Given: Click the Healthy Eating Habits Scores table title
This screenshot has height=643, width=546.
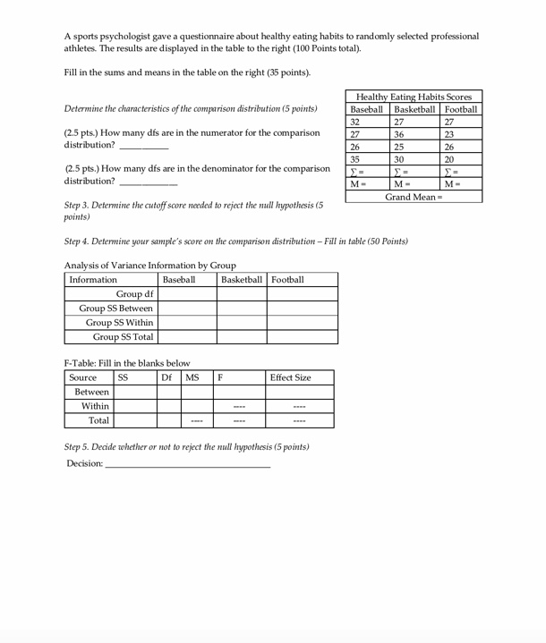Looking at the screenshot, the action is (x=414, y=97).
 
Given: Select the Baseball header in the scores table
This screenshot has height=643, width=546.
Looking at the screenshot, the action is (x=366, y=109).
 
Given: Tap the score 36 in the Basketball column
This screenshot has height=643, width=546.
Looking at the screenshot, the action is (x=399, y=134).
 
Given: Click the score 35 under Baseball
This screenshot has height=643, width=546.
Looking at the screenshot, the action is (x=355, y=159).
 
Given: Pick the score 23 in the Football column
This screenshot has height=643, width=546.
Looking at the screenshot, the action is (x=449, y=134).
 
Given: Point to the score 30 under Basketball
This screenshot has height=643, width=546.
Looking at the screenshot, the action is (x=399, y=159).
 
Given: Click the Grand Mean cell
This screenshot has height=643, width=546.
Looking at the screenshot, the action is (x=414, y=196).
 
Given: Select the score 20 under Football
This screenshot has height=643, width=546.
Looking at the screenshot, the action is (x=449, y=159).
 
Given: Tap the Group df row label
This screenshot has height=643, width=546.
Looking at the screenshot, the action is (x=134, y=294).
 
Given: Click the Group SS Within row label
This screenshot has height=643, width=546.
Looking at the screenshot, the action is (x=119, y=323).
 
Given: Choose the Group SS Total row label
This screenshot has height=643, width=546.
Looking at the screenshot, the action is (x=124, y=337).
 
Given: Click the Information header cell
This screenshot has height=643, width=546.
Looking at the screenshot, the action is (x=93, y=280).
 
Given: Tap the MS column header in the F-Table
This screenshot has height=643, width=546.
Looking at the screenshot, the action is (x=192, y=378).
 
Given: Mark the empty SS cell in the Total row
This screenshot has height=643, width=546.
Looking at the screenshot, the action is (x=134, y=420).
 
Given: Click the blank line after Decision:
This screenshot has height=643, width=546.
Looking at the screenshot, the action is (x=187, y=463).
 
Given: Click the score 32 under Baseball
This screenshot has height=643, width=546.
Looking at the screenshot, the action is (x=355, y=122).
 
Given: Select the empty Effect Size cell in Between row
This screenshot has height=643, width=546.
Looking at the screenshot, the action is (x=299, y=392).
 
